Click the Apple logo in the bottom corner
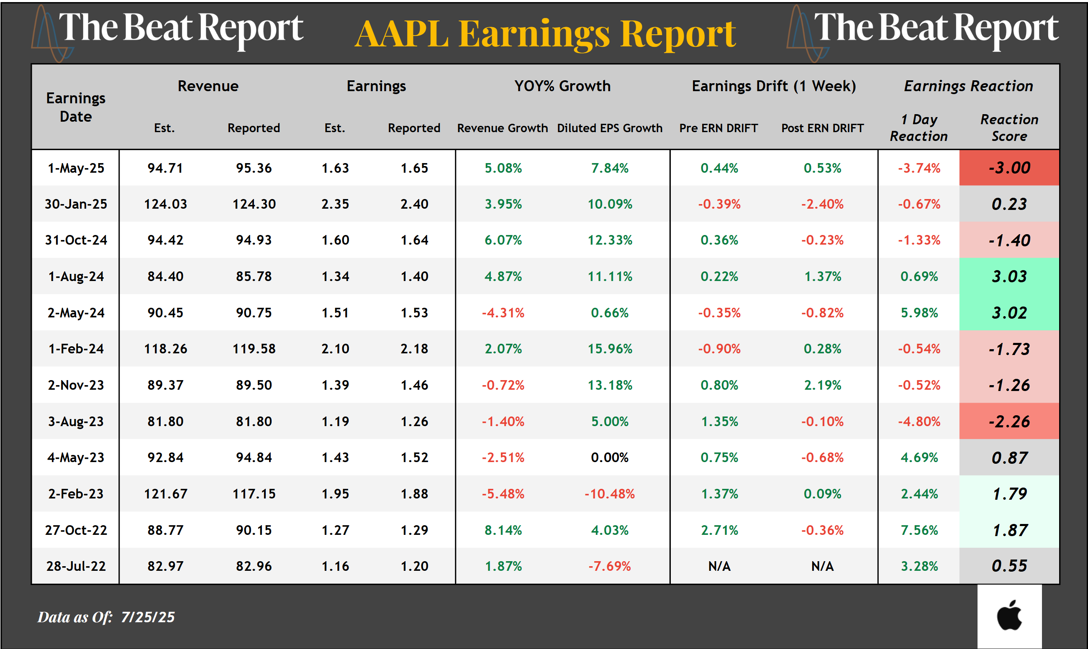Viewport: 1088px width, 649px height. pos(1009,616)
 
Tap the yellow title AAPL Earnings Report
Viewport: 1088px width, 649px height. pos(545,34)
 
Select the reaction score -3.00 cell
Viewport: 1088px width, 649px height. pos(1009,168)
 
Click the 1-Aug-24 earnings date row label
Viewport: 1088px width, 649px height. pos(76,276)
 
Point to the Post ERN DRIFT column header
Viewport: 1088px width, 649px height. pos(822,128)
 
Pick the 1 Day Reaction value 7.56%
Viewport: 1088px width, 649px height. pos(919,530)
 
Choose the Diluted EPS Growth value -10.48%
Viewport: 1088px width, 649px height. pos(610,494)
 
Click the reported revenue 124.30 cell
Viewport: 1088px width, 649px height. pos(254,204)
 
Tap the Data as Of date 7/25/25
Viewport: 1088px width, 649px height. pos(148,617)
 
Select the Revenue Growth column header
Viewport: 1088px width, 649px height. pos(503,128)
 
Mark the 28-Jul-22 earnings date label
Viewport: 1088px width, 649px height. pos(76,566)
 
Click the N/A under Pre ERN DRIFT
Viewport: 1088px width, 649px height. pos(719,566)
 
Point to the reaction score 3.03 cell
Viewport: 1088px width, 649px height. pos(1009,276)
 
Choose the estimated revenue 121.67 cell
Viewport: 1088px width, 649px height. pos(165,494)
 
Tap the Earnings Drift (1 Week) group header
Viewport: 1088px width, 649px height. pos(773,86)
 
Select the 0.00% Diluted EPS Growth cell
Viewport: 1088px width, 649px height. pos(610,457)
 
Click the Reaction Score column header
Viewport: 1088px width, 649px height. pos(1009,128)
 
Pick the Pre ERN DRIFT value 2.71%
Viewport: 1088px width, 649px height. pos(719,530)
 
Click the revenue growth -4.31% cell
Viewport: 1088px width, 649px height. pos(503,313)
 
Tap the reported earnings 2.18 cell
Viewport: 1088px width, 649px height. pos(414,349)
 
